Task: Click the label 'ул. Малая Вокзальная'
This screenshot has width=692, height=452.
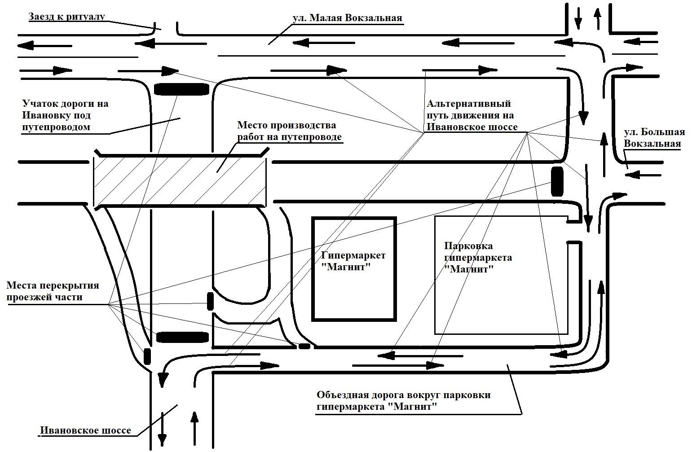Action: click(x=347, y=18)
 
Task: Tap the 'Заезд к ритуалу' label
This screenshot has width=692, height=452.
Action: click(x=67, y=17)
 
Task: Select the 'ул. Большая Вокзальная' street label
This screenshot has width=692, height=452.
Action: click(x=654, y=138)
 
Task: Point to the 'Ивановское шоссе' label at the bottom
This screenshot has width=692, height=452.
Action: click(x=86, y=430)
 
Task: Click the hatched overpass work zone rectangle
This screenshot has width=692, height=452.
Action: click(x=180, y=181)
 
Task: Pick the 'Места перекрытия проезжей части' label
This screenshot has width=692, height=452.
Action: click(x=53, y=291)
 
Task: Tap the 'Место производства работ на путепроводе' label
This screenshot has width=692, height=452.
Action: click(x=289, y=131)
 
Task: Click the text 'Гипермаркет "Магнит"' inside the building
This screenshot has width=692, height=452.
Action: click(x=353, y=261)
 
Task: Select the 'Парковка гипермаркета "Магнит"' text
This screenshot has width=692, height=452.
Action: click(x=478, y=258)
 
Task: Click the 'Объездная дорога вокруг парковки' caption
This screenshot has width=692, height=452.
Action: click(x=403, y=401)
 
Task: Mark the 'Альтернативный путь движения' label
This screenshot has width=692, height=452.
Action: click(x=471, y=115)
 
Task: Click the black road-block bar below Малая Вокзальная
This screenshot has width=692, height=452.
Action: click(x=182, y=89)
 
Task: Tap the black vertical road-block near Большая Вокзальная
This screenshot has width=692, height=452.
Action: click(x=557, y=181)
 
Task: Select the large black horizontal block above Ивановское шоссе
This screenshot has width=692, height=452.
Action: click(x=182, y=338)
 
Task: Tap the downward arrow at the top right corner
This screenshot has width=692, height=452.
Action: click(x=578, y=17)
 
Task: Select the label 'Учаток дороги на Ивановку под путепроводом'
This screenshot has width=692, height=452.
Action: click(x=65, y=115)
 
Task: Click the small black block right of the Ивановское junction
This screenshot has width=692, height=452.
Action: click(x=304, y=346)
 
